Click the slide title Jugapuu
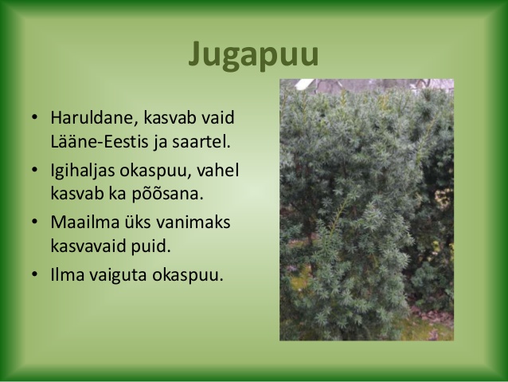[254, 55]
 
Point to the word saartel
[201, 141]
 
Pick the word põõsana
[167, 194]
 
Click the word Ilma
[68, 274]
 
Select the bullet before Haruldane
[35, 117]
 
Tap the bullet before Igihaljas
[35, 169]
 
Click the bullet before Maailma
[35, 222]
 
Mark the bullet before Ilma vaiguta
[35, 274]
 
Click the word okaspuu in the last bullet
[188, 275]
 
